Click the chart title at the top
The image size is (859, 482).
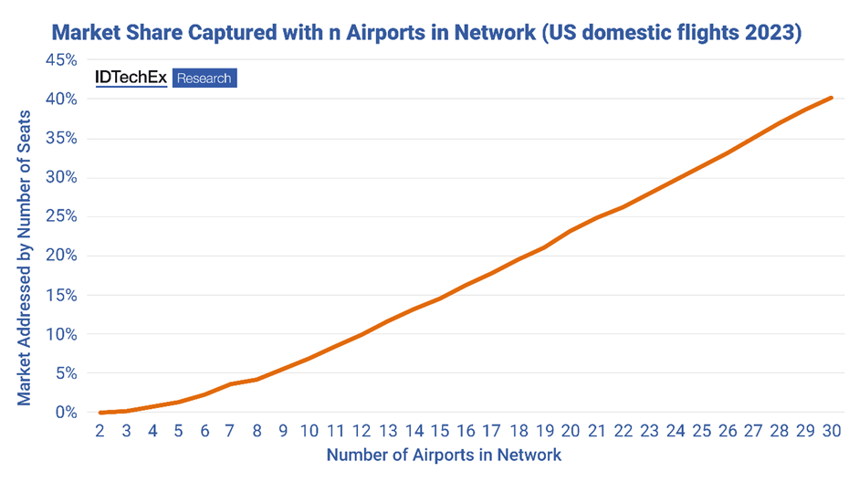click(x=425, y=34)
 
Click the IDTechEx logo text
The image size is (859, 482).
click(x=131, y=78)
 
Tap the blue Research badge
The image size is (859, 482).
click(x=204, y=79)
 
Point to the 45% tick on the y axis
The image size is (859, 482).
click(x=58, y=60)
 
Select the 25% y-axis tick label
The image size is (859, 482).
click(x=58, y=216)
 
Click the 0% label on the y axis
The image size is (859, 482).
click(x=63, y=413)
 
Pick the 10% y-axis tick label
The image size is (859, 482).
click(x=58, y=334)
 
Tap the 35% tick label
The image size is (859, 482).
click(x=58, y=139)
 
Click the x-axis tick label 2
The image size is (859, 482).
click(x=100, y=431)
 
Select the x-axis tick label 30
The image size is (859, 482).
click(x=830, y=431)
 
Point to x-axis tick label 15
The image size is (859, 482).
click(x=439, y=431)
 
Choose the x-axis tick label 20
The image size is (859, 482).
click(x=570, y=431)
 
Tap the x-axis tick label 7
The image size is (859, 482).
click(x=231, y=431)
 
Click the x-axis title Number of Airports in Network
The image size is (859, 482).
click(x=444, y=455)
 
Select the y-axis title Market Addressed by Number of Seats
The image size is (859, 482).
click(x=26, y=258)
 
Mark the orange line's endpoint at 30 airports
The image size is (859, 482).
click(x=830, y=98)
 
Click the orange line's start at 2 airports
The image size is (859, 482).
click(x=100, y=413)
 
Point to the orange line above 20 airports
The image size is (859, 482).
click(x=570, y=231)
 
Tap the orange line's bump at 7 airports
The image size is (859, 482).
click(x=231, y=384)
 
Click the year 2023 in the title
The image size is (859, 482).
click(x=772, y=34)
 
